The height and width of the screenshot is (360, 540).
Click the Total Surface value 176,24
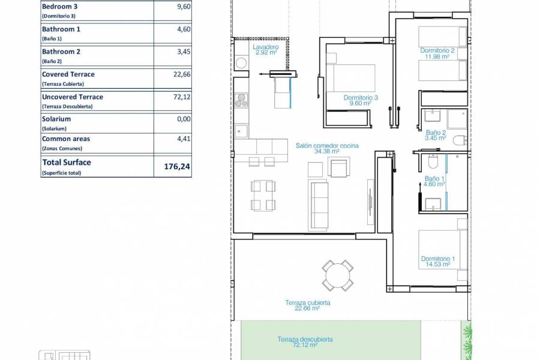click(x=177, y=167)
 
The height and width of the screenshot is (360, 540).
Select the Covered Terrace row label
click(x=68, y=74)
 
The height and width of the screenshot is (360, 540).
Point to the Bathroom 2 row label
click(x=61, y=52)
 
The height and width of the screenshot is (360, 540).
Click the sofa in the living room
click(x=319, y=205)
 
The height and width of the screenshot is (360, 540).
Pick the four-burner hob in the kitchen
click(x=242, y=100)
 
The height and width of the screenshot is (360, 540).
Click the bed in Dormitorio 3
click(x=350, y=78)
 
